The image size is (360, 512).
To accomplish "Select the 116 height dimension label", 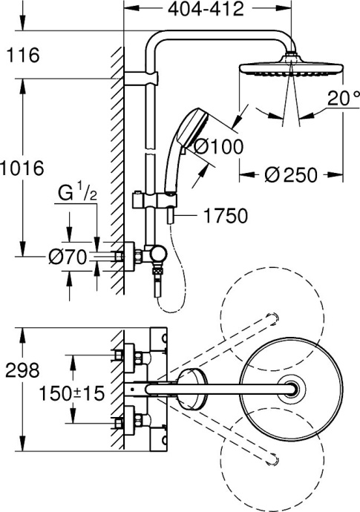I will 20,55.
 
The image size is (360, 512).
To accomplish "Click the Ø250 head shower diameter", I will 291,175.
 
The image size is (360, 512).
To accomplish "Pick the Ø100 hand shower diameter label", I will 217,147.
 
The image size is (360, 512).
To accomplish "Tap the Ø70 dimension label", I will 67,257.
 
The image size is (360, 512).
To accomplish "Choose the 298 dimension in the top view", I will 19,369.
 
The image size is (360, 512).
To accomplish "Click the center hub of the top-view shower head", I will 297,387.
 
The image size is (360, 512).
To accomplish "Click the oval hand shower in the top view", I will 192,387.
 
